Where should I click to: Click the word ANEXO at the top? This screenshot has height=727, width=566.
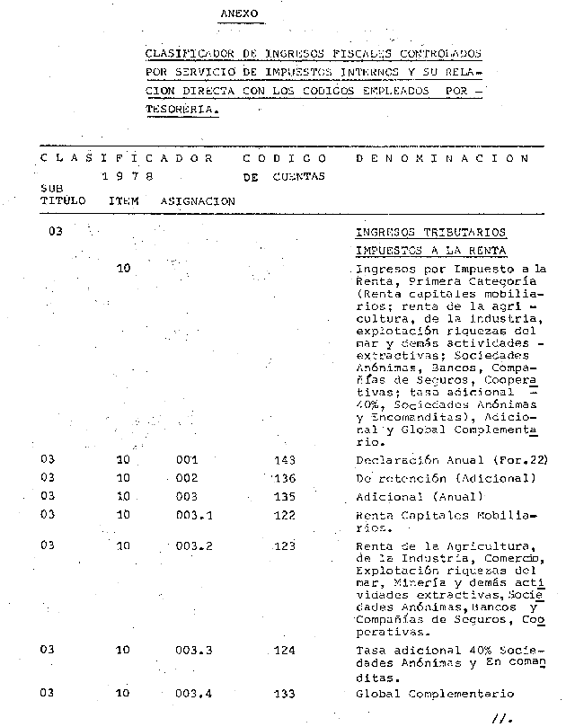[x=239, y=14]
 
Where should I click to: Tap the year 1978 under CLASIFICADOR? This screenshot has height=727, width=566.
[x=127, y=177]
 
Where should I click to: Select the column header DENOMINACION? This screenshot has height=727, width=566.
[x=442, y=157]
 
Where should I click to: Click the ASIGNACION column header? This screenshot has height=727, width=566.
[x=198, y=201]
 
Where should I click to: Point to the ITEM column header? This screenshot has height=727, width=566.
[x=123, y=201]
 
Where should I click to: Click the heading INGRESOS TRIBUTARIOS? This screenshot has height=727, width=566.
[x=431, y=232]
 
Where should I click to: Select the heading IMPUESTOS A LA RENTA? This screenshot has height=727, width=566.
[x=431, y=250]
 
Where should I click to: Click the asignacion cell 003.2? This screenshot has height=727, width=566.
[x=194, y=545]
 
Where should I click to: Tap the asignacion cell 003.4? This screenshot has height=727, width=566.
[x=194, y=694]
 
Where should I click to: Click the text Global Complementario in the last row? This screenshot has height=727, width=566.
[x=435, y=694]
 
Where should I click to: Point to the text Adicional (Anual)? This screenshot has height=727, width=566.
[x=419, y=496]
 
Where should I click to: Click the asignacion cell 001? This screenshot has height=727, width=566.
[x=187, y=460]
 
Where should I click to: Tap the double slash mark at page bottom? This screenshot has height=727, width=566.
[x=500, y=717]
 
